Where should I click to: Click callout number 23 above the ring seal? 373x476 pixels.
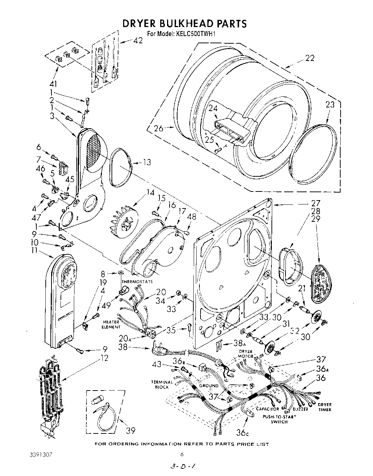click(330, 105)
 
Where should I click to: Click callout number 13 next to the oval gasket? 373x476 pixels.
click(147, 162)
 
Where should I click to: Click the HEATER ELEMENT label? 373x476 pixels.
click(111, 324)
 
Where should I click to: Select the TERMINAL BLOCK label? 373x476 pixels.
click(162, 384)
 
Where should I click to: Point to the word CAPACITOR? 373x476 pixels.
click(268, 409)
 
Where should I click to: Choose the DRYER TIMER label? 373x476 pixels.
click(324, 407)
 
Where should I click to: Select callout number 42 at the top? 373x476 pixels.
click(138, 40)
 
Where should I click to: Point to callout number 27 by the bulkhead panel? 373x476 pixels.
click(315, 202)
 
